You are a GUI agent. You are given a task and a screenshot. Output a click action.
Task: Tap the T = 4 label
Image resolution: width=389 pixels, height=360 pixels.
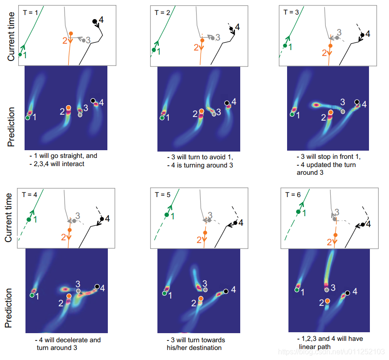(30, 194)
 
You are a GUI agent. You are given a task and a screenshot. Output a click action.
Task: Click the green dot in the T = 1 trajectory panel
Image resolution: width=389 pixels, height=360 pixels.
(20, 55)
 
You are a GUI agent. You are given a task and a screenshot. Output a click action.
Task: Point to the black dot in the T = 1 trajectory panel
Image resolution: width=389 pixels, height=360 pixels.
(95, 21)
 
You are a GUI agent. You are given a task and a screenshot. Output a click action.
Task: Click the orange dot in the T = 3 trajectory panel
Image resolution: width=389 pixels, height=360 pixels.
(330, 46)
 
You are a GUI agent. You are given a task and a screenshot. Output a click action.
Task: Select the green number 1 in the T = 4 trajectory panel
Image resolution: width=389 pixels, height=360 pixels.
(36, 219)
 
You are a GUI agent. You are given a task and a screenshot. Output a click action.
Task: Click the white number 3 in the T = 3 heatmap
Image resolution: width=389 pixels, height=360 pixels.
(343, 102)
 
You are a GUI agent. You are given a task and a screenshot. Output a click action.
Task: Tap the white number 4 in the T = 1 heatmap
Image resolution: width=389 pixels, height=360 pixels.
(101, 103)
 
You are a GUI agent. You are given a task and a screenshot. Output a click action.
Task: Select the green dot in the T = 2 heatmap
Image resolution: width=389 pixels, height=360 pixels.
(162, 118)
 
